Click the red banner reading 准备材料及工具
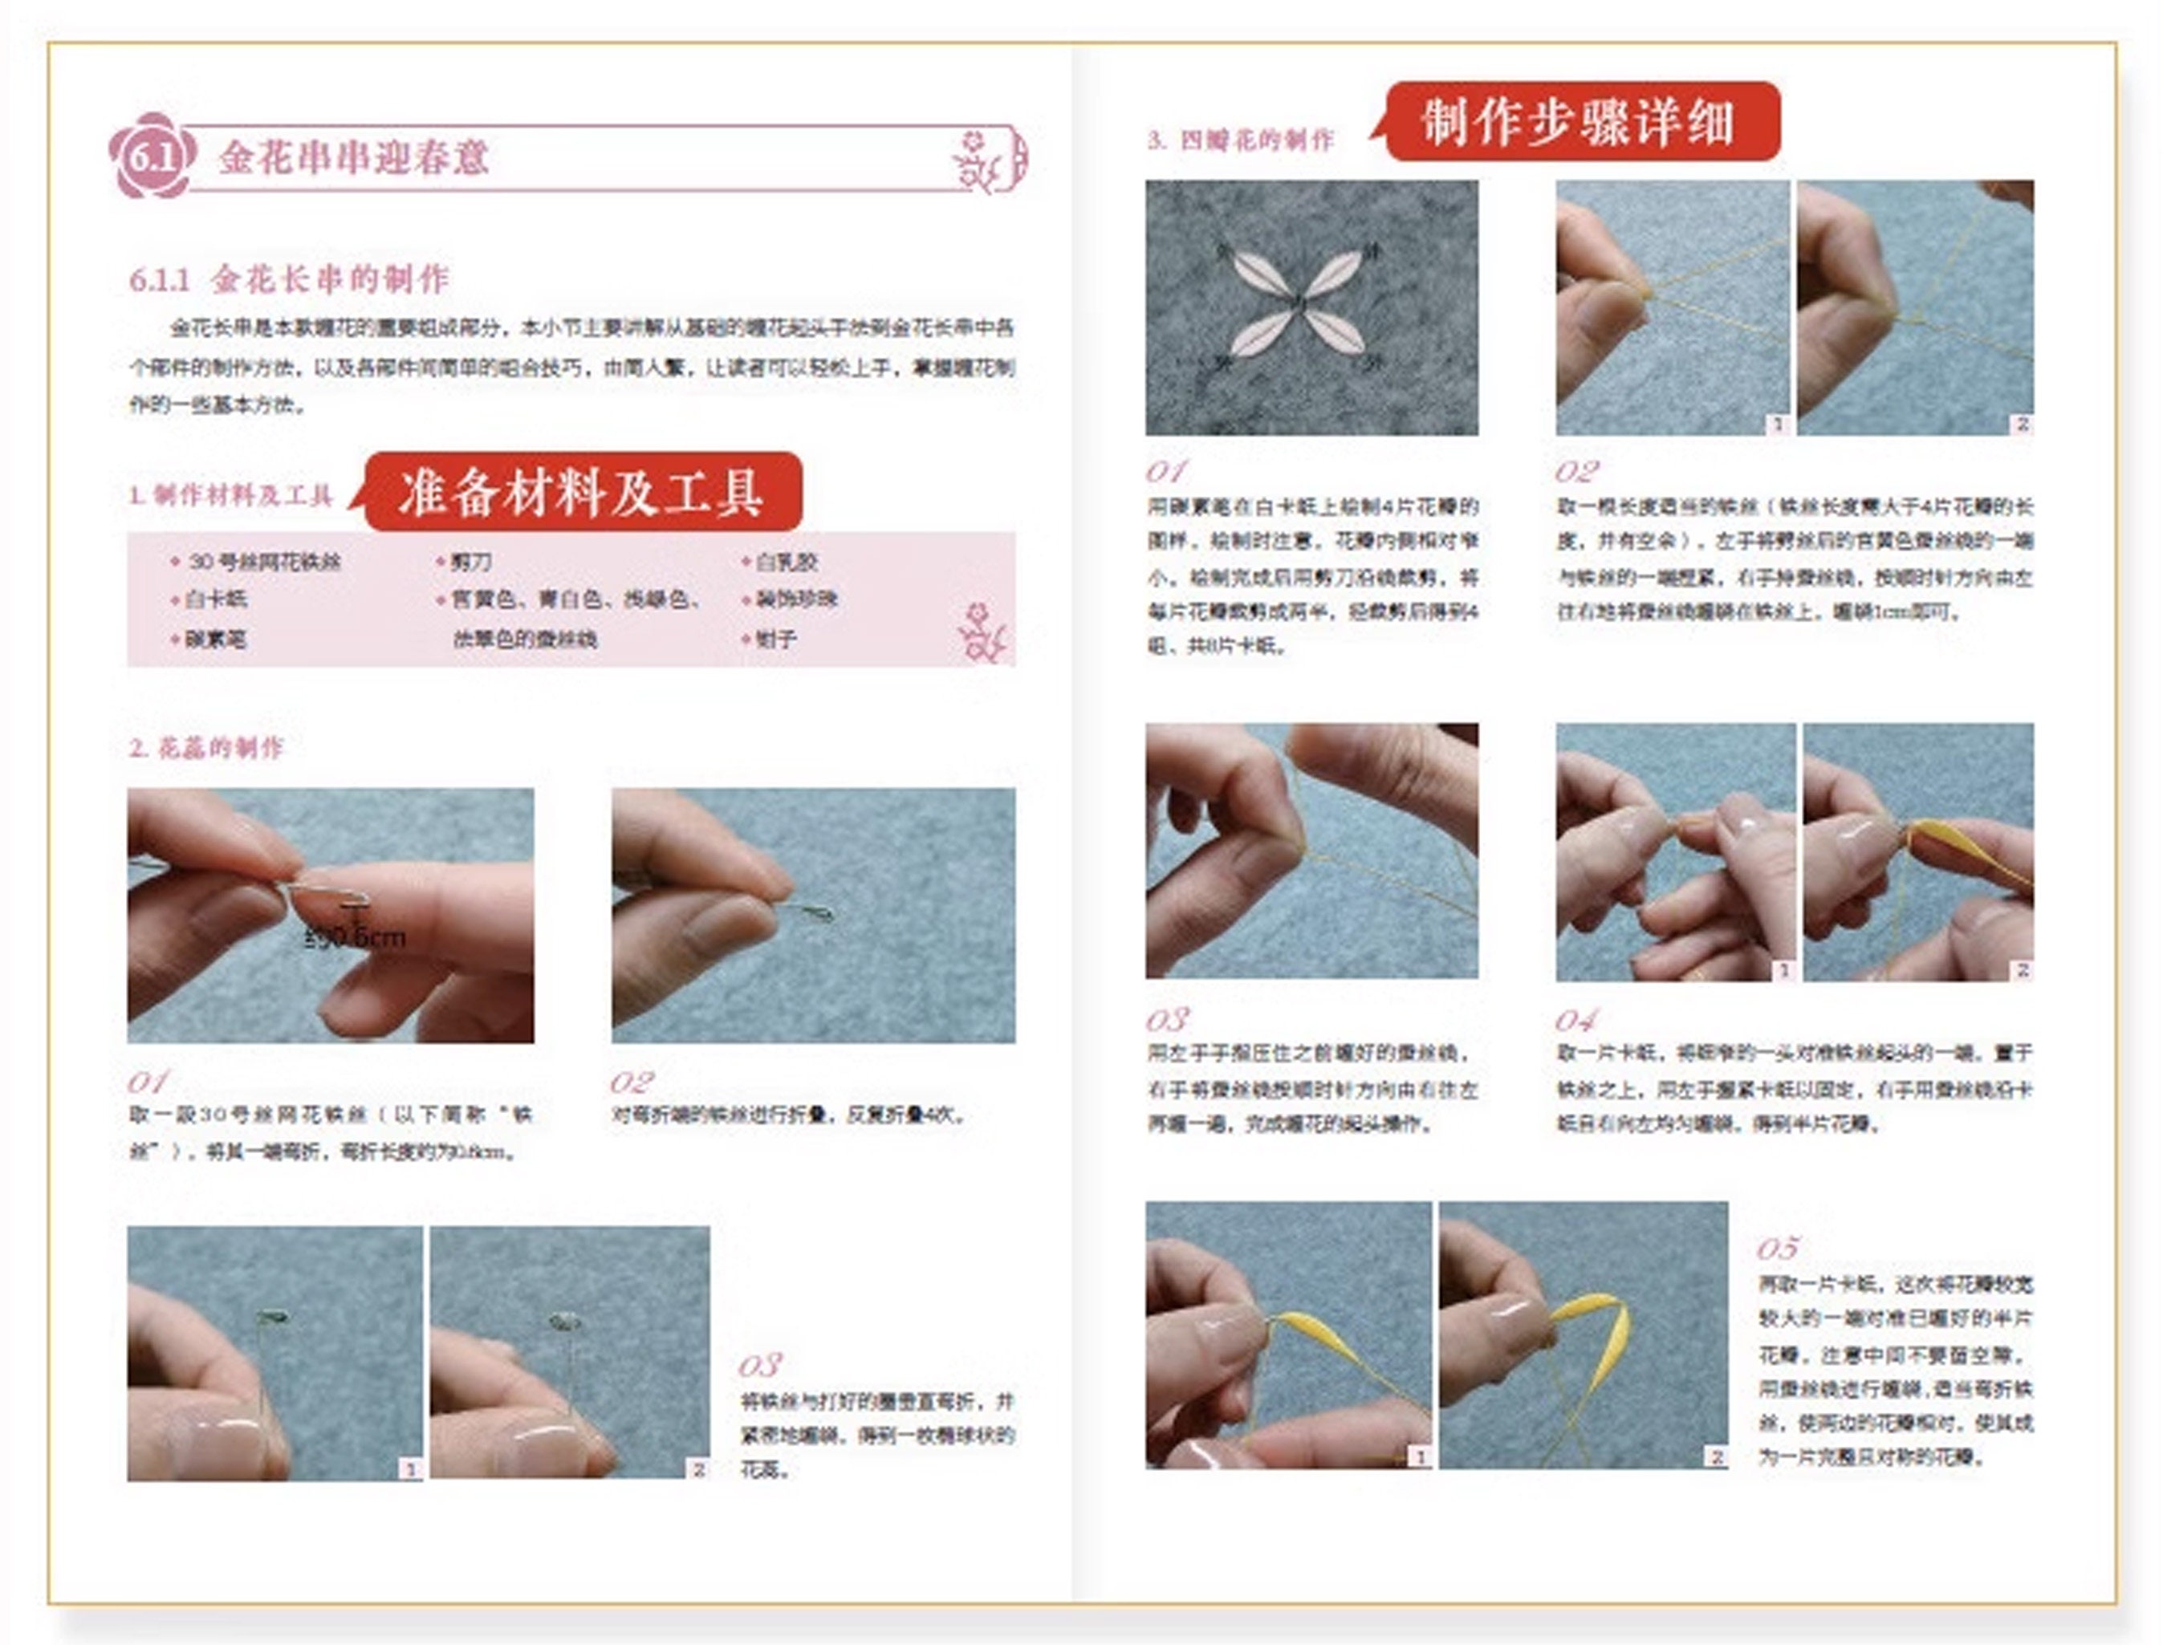pos(582,493)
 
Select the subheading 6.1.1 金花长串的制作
pos(290,279)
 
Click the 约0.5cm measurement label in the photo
pos(355,936)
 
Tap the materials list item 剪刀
pos(470,563)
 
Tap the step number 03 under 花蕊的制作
pos(759,1365)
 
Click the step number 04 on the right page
pos(1575,1021)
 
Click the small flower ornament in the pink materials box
pos(981,632)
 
